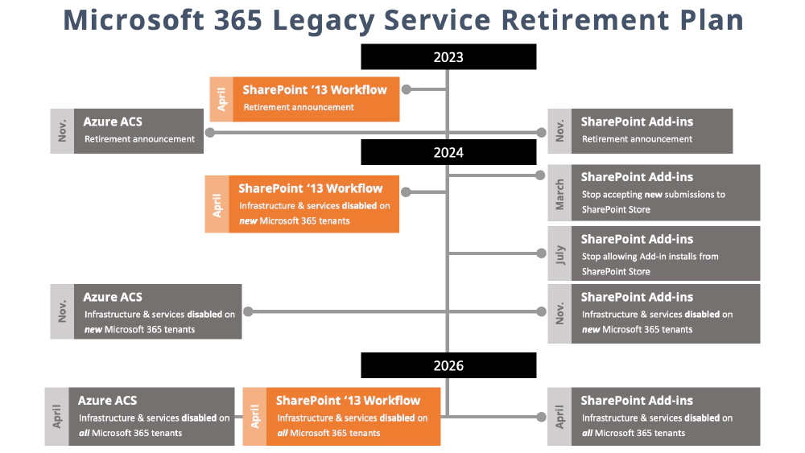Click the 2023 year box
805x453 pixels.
pyautogui.click(x=448, y=57)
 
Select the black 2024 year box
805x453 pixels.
pyautogui.click(x=448, y=152)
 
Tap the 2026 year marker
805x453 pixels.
pyautogui.click(x=448, y=365)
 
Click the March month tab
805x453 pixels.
pyautogui.click(x=559, y=193)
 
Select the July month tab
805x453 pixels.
pyautogui.click(x=559, y=253)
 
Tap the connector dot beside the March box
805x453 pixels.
pyautogui.click(x=540, y=175)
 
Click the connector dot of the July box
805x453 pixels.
pyautogui.click(x=540, y=253)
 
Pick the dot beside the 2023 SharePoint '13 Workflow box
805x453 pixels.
pyautogui.click(x=407, y=90)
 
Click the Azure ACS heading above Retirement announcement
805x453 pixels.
pyautogui.click(x=113, y=121)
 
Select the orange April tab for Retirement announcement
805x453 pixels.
pyautogui.click(x=221, y=99)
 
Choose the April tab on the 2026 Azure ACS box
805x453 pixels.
pyautogui.click(x=56, y=417)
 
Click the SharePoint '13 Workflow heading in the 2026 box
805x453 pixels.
pyautogui.click(x=348, y=400)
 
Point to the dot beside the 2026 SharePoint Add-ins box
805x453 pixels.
pyautogui.click(x=540, y=417)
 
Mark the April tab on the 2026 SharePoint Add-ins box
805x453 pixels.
pyautogui.click(x=559, y=417)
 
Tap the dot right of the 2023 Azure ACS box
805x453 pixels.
pyautogui.click(x=210, y=131)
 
